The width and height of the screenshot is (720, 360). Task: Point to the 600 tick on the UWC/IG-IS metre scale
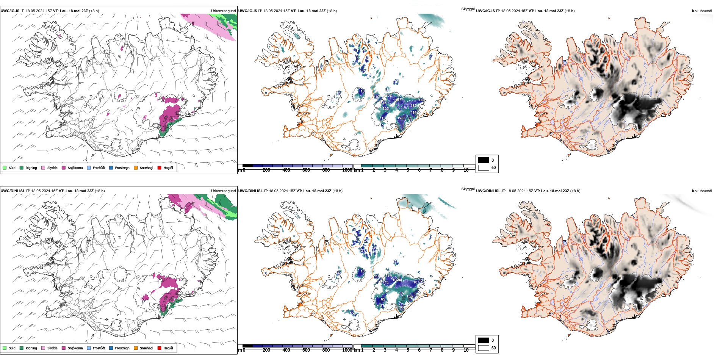pos(306,170)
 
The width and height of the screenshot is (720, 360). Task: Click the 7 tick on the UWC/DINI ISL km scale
pos(431,350)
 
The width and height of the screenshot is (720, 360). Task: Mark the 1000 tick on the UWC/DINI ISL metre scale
pos(347,350)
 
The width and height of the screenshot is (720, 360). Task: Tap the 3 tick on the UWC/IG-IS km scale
pos(385,170)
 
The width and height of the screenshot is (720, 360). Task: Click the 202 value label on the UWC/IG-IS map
pos(388,95)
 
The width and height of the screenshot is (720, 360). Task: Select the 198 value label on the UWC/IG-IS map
pos(400,118)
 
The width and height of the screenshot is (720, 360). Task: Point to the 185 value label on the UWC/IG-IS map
pos(413,106)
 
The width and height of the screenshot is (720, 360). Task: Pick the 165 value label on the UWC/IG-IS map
pos(386,109)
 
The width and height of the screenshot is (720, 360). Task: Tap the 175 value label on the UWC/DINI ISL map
pos(385,282)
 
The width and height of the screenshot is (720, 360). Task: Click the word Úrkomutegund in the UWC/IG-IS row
pos(223,11)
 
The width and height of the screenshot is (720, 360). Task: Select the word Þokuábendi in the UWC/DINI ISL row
pos(702,191)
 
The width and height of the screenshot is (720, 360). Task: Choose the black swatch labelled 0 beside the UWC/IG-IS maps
pos(484,160)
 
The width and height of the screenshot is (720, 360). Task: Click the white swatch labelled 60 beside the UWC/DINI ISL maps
pos(484,348)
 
